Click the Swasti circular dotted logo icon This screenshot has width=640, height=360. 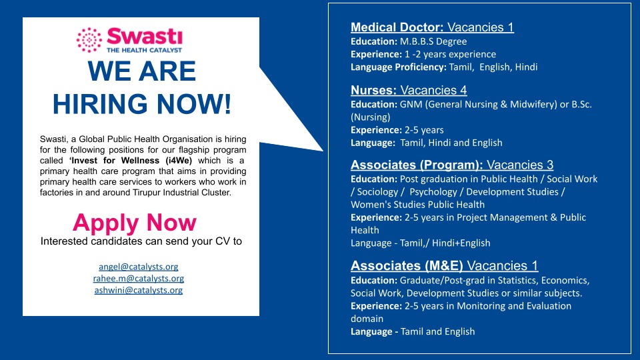(x=89, y=40)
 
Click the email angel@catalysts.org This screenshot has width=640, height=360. (x=139, y=267)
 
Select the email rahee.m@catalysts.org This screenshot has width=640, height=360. (x=139, y=279)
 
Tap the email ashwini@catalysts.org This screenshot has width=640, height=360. (x=139, y=290)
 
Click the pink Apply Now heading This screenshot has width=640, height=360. (x=135, y=223)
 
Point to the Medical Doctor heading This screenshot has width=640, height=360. (x=397, y=27)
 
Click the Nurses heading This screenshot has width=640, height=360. (x=373, y=90)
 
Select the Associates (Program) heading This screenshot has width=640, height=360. (x=417, y=165)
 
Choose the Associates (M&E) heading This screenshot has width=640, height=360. (x=407, y=266)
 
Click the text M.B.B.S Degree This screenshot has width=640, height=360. (x=433, y=41)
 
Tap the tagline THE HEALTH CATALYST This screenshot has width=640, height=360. (x=144, y=50)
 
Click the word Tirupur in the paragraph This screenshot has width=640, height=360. (x=147, y=192)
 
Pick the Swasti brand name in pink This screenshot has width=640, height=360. (x=145, y=36)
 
